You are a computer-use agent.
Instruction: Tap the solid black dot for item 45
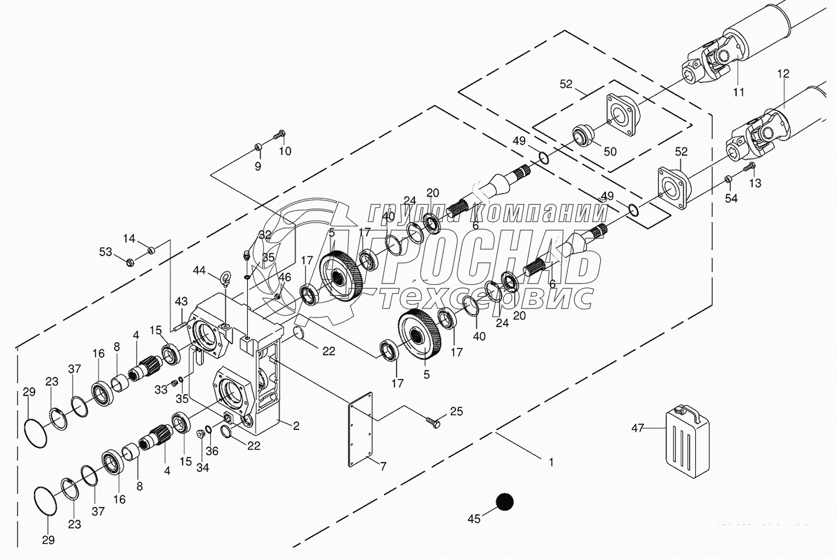click(504, 502)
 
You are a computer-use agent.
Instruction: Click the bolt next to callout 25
click(433, 422)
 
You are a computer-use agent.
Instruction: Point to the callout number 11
click(739, 92)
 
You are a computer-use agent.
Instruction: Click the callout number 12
click(783, 74)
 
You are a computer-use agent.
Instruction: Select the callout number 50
click(609, 152)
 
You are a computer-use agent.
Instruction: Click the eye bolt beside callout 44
click(225, 278)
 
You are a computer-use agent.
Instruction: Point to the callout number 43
click(182, 301)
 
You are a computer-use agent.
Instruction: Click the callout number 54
click(731, 199)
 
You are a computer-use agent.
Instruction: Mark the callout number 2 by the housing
click(296, 426)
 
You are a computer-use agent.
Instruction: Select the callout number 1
click(551, 462)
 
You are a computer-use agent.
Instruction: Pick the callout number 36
click(212, 451)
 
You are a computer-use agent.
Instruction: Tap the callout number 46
click(285, 277)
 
